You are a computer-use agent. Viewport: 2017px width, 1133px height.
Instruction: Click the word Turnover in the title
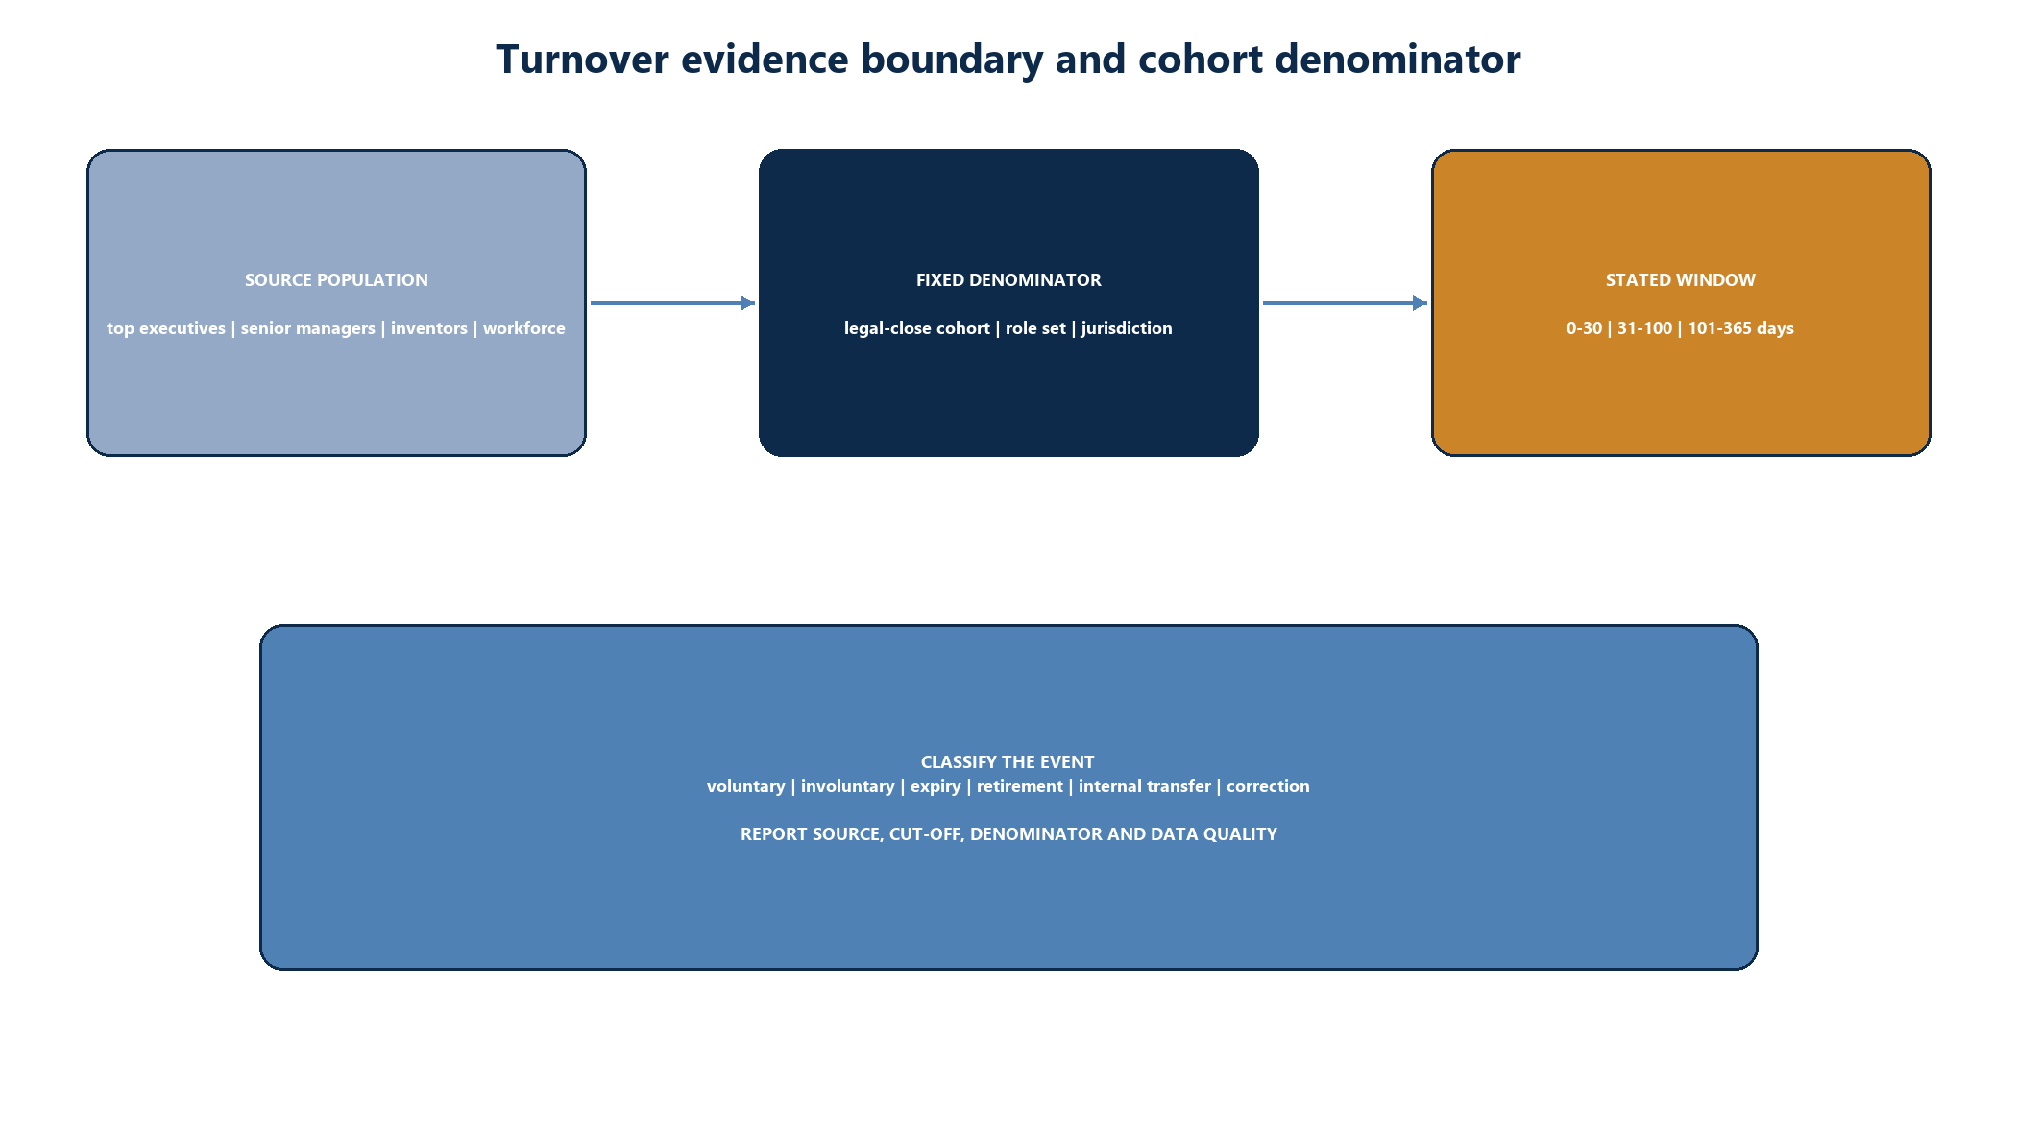(582, 60)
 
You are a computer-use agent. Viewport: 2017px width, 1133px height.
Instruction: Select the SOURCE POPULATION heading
(336, 280)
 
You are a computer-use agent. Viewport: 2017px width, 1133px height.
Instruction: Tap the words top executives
(166, 328)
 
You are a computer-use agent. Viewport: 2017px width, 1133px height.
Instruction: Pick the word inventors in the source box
(429, 328)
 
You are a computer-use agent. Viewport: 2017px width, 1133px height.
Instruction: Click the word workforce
(524, 328)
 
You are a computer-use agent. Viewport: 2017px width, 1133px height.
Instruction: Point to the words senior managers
(308, 328)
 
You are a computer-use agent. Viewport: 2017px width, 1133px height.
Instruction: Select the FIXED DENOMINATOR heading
(1008, 280)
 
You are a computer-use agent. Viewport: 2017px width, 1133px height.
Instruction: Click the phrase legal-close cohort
(917, 328)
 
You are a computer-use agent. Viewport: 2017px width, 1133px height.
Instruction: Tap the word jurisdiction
(1127, 328)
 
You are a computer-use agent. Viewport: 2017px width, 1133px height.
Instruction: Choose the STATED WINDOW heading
(1681, 280)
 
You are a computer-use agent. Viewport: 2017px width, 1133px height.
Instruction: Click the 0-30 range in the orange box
(1585, 328)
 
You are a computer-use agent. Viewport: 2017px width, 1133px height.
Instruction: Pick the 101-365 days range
(1741, 328)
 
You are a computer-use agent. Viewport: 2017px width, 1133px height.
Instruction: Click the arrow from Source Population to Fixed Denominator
(672, 302)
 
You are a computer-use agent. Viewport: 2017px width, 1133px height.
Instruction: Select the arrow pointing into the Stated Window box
(1345, 302)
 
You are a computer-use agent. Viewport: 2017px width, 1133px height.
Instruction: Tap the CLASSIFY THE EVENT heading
(1008, 762)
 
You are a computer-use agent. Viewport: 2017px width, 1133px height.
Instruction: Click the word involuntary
(848, 786)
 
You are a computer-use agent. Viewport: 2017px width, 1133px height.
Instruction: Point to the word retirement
(1020, 786)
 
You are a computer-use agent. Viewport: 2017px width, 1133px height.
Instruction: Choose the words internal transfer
(1145, 786)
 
